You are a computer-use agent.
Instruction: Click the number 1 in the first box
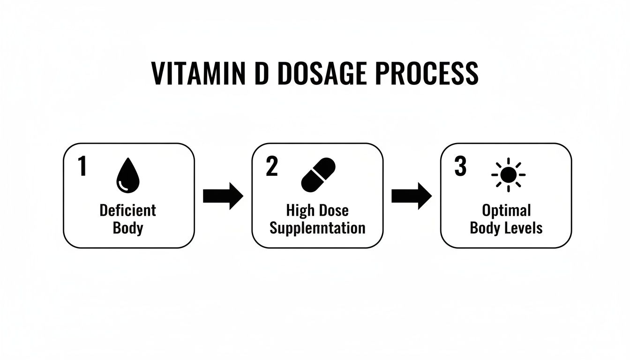coord(82,167)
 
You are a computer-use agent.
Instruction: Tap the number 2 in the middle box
coord(271,167)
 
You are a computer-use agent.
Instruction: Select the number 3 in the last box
coord(460,167)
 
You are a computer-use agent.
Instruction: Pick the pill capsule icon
coord(318,175)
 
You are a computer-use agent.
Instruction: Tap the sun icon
coord(508,175)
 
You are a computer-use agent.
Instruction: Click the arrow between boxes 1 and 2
coord(223,196)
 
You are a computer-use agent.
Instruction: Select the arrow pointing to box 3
coord(411,196)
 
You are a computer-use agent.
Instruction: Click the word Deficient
coord(127,210)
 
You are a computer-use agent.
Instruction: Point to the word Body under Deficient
coord(127,228)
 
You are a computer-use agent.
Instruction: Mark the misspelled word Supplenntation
coord(317,228)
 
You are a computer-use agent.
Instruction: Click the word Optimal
coord(506,210)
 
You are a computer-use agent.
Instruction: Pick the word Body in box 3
coord(485,228)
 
